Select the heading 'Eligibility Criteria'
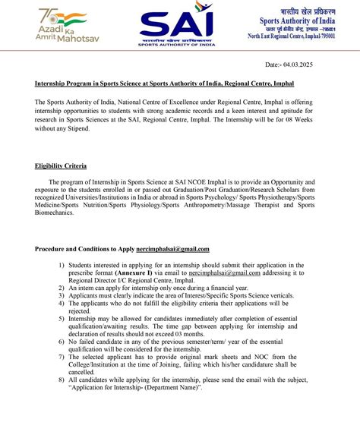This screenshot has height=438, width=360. [61, 165]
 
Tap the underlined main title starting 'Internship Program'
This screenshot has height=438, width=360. [163, 83]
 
